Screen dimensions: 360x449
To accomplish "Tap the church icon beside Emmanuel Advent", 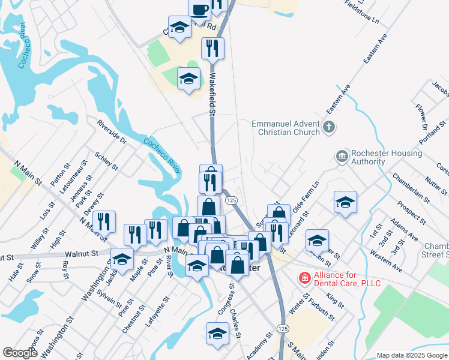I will click(x=328, y=127).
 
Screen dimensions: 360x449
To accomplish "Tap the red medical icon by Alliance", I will click(x=304, y=278).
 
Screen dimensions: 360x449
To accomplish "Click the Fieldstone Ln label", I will click(x=362, y=11).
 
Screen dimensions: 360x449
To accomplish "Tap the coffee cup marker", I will click(x=199, y=10).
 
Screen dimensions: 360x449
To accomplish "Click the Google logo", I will click(x=20, y=353).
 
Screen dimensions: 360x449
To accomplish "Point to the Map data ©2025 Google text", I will click(x=412, y=355).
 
